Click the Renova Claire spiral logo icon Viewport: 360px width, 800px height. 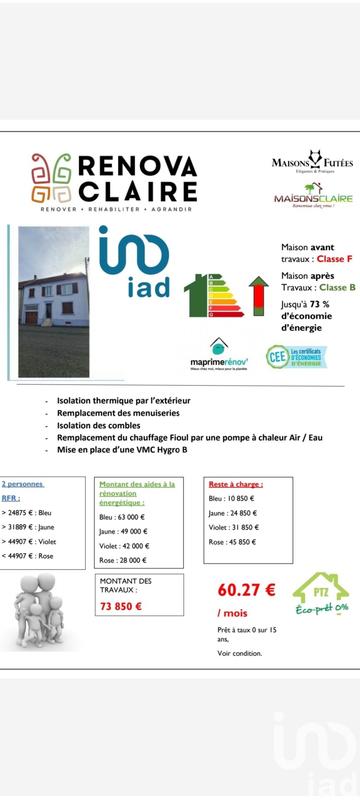pos(50,178)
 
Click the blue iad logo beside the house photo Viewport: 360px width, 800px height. pos(134,263)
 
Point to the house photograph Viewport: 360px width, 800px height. pos(54,301)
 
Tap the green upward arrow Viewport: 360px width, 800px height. pos(257,295)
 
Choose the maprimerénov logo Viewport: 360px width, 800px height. pos(220,355)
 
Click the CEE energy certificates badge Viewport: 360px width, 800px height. pos(297,356)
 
